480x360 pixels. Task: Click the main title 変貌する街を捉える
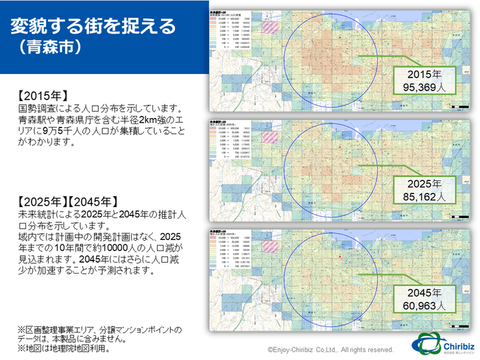[x=93, y=26]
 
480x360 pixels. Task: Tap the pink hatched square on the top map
[x=272, y=28]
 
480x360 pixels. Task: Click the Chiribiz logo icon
[x=425, y=344]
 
